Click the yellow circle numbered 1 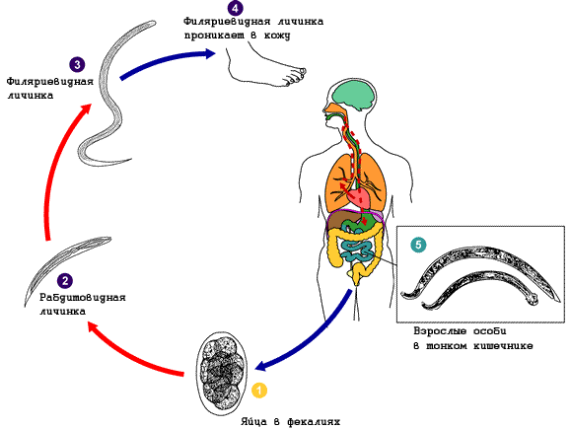click(x=259, y=390)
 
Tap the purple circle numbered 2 click(x=65, y=281)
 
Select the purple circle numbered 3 click(x=77, y=65)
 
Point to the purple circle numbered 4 click(x=235, y=8)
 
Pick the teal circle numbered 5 click(x=418, y=245)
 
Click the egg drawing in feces click(x=222, y=373)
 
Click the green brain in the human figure click(x=355, y=95)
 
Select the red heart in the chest click(x=359, y=198)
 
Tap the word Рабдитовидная click(x=83, y=297)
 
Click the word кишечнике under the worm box click(x=503, y=345)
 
